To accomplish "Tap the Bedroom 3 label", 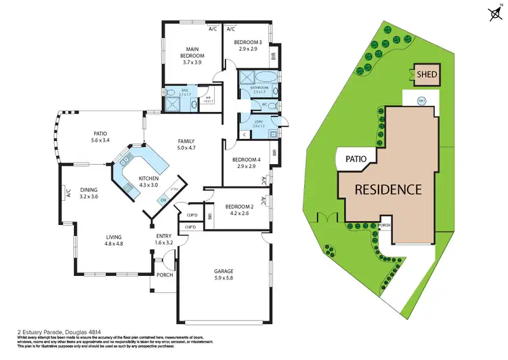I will click(x=246, y=43).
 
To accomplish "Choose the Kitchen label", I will click(x=148, y=178).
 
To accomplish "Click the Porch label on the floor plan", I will click(x=165, y=275).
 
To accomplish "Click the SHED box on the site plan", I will click(x=427, y=75).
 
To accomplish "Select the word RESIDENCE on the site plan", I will click(x=388, y=189).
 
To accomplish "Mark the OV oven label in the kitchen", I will click(x=163, y=200).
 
